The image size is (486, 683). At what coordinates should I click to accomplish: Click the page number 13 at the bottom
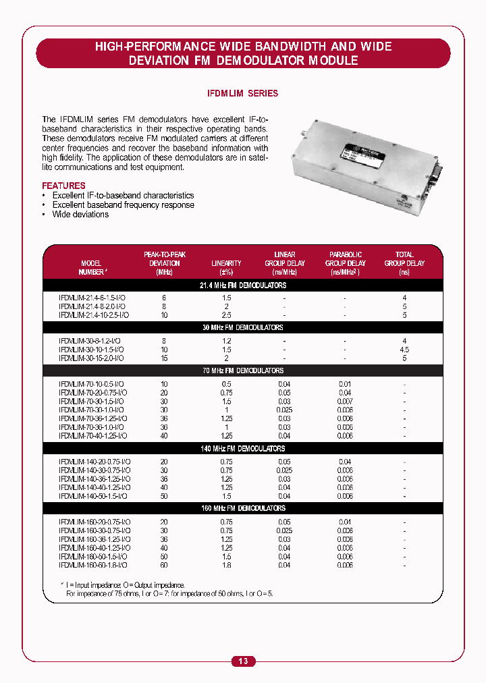[243, 661]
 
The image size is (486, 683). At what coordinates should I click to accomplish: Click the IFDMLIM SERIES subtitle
[242, 94]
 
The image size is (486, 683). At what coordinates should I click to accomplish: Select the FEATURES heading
[63, 186]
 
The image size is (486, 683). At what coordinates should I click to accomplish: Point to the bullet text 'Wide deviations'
[80, 215]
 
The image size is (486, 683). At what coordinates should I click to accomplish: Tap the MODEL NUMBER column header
[91, 267]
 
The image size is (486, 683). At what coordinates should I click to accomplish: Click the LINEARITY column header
[226, 263]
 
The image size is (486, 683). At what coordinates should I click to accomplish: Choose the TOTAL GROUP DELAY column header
[404, 263]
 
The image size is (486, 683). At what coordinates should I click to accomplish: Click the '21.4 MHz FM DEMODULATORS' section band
[243, 285]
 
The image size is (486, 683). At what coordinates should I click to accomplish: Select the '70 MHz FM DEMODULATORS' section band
[243, 371]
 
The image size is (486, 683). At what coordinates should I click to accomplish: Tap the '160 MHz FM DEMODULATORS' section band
[243, 508]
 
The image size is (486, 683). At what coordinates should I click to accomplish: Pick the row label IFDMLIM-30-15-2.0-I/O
[91, 358]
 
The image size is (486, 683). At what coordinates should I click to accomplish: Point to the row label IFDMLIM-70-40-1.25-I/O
[93, 436]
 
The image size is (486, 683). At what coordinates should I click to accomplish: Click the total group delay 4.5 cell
[404, 350]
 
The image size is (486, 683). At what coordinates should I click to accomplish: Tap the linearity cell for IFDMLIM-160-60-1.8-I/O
[226, 565]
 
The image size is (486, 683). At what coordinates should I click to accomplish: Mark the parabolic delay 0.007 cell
[345, 401]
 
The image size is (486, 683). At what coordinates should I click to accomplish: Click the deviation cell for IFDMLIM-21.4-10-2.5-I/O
[164, 315]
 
